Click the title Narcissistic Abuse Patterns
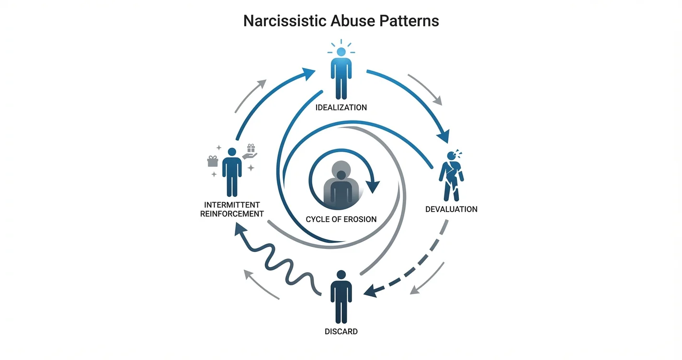[x=341, y=21]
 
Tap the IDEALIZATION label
[x=341, y=107]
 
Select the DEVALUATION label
[x=451, y=209]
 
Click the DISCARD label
[x=341, y=331]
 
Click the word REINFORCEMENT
[x=232, y=214]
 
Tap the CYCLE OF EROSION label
[x=341, y=219]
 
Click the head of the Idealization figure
[x=341, y=52]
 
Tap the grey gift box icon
[x=213, y=161]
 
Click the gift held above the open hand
[x=251, y=148]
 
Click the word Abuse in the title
[x=353, y=21]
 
